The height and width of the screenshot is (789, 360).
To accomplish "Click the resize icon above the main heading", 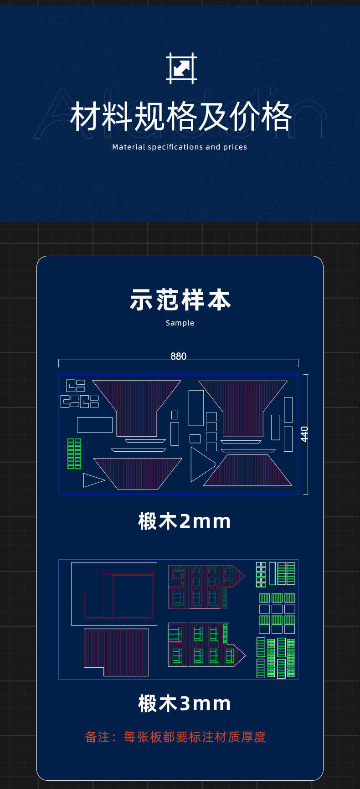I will (181, 68).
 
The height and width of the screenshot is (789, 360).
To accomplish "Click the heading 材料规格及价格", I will (180, 117).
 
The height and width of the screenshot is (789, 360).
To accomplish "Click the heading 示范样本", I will (180, 300).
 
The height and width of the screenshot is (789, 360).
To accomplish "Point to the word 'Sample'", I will (180, 323).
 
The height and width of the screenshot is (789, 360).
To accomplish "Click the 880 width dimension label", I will (179, 356).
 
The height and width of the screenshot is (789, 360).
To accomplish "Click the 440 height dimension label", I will (304, 434).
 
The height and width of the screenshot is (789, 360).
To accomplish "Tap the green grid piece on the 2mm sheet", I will (74, 454).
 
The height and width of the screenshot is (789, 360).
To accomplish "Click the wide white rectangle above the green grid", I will (95, 425).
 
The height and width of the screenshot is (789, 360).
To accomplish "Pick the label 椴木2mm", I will (185, 521).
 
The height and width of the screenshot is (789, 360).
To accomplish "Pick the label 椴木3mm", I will (185, 703).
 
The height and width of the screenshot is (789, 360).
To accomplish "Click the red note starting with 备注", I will (175, 737).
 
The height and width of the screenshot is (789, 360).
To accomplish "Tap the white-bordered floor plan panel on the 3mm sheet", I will (114, 594).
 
